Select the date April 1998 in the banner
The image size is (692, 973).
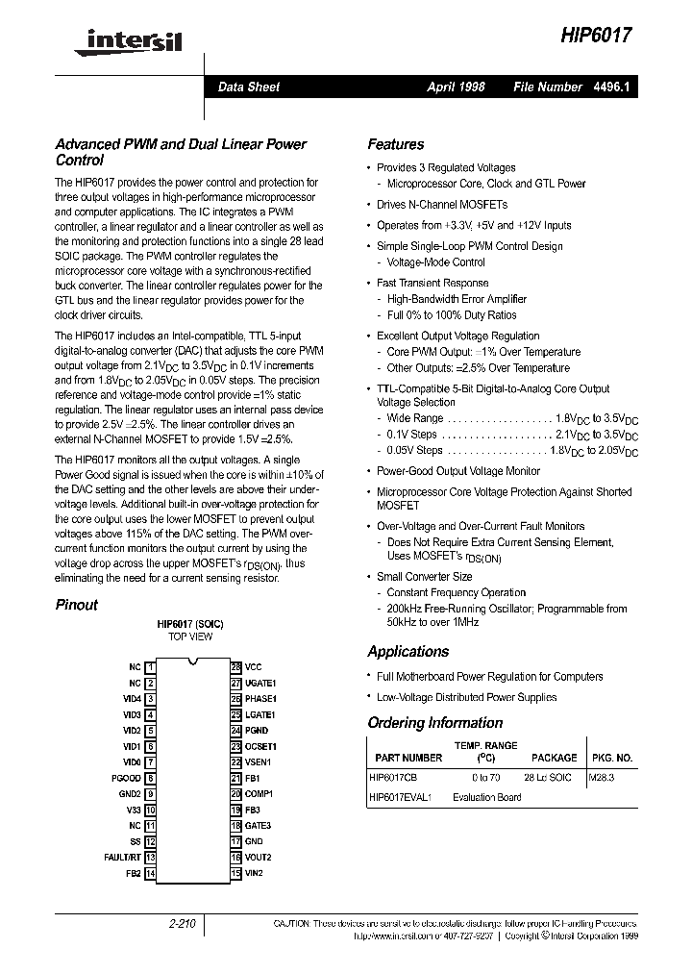pyautogui.click(x=456, y=87)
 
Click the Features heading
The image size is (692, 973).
pyautogui.click(x=395, y=144)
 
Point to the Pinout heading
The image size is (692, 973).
pyautogui.click(x=77, y=605)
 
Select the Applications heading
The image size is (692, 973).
pyautogui.click(x=408, y=651)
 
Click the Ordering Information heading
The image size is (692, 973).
pyautogui.click(x=434, y=723)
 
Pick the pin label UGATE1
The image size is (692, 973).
pyautogui.click(x=260, y=683)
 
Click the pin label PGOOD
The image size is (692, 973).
pyautogui.click(x=127, y=778)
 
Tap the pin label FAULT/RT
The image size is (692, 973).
pyautogui.click(x=123, y=857)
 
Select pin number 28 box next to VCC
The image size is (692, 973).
pyautogui.click(x=235, y=666)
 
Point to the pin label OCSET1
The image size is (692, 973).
pyautogui.click(x=260, y=746)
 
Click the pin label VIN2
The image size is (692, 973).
pyautogui.click(x=254, y=873)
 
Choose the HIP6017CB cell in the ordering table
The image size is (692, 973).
pyautogui.click(x=394, y=776)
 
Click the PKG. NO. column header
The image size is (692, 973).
pyautogui.click(x=611, y=758)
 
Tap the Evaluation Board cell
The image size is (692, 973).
pyautogui.click(x=487, y=797)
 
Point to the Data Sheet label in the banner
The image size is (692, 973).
pyautogui.click(x=249, y=87)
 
